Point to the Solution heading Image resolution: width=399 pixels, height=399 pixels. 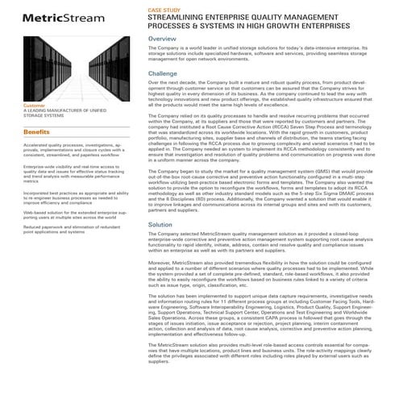coord(160,225)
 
